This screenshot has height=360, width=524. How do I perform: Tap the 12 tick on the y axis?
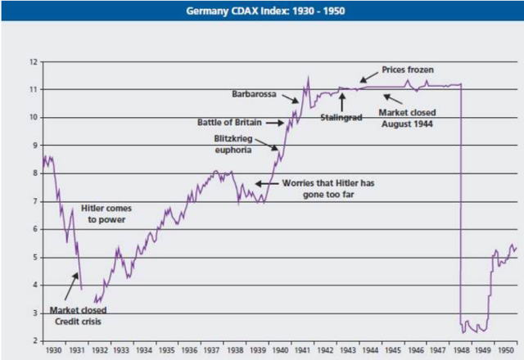[x=34, y=61]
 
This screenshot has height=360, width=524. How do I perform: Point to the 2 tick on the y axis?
[x=34, y=341]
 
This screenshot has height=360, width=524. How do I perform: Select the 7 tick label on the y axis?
[x=34, y=201]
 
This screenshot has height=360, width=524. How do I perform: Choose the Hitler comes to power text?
[x=106, y=214]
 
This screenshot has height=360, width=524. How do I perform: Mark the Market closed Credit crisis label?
[x=79, y=316]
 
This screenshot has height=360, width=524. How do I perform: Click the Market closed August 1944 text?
[x=409, y=118]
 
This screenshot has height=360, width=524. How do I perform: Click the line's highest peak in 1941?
[x=307, y=78]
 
